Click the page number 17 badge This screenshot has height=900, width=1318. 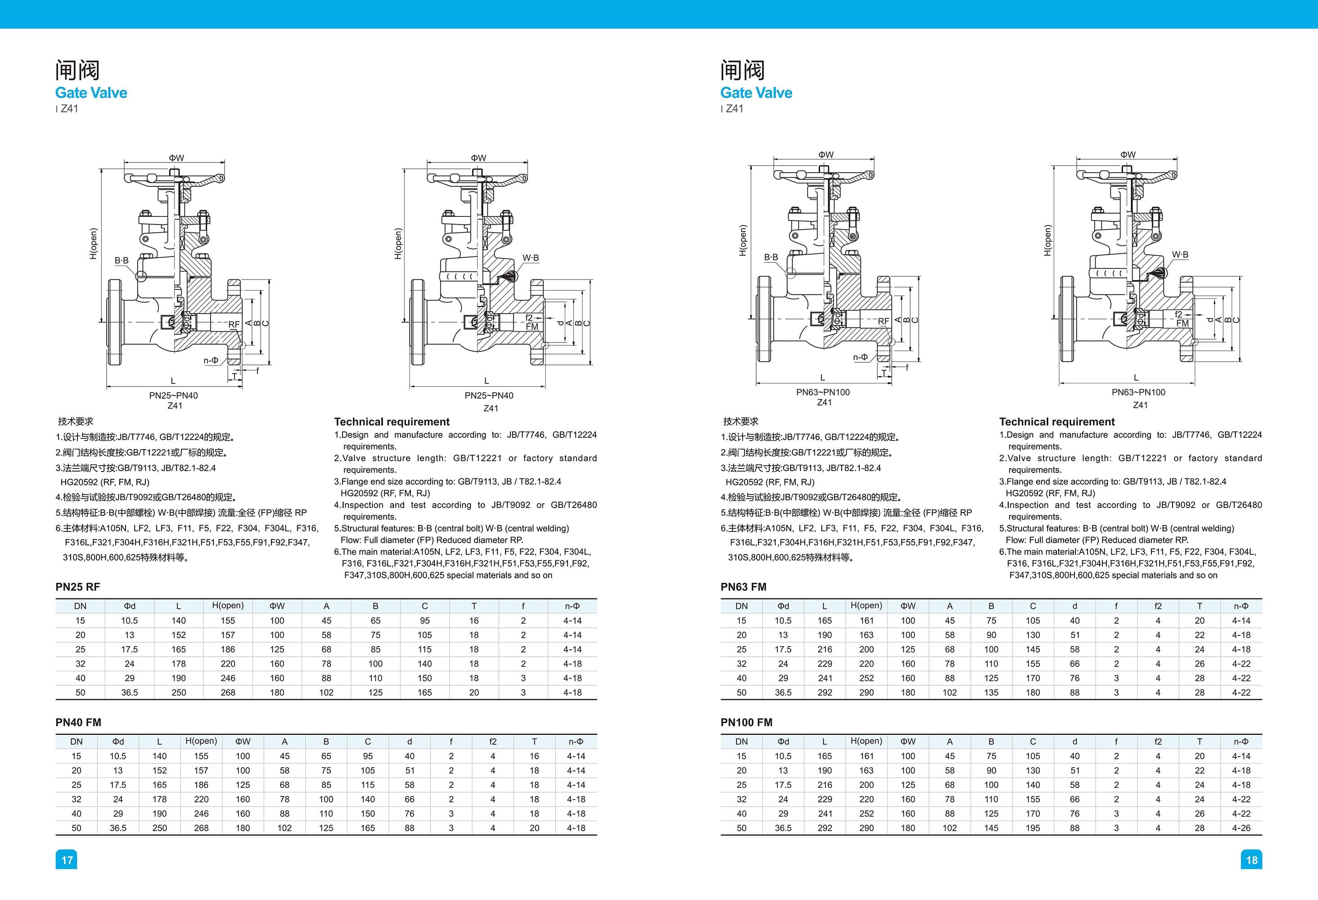(66, 860)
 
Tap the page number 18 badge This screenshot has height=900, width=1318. (1252, 860)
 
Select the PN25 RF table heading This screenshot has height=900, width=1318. (78, 587)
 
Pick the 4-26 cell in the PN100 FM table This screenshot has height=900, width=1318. (1241, 828)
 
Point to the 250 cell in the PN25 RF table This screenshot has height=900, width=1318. (179, 693)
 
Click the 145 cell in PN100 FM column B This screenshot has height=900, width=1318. (991, 828)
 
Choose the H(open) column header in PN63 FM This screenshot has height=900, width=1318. (866, 606)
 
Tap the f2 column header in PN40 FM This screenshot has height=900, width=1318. (493, 741)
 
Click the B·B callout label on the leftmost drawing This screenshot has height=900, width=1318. (122, 260)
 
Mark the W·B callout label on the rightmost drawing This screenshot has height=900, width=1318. (1180, 255)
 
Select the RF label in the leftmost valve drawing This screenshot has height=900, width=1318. (234, 324)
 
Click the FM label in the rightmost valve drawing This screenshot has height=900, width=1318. (1183, 323)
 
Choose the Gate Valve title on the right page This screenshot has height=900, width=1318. (756, 93)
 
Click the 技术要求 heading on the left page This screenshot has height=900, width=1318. (76, 421)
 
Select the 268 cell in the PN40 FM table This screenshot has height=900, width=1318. (201, 828)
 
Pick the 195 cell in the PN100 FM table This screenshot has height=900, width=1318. (1033, 828)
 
